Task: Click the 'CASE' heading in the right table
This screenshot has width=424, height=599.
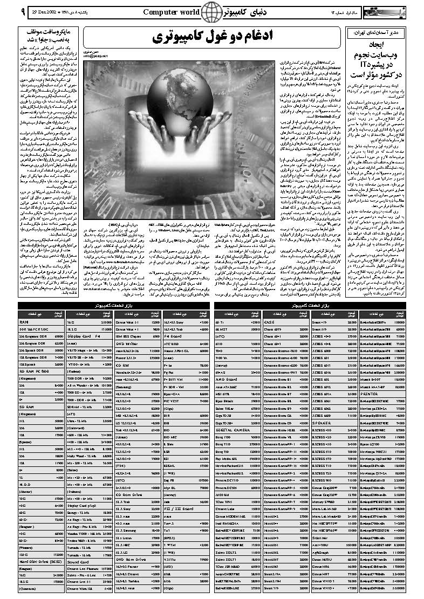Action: coord(270,322)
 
